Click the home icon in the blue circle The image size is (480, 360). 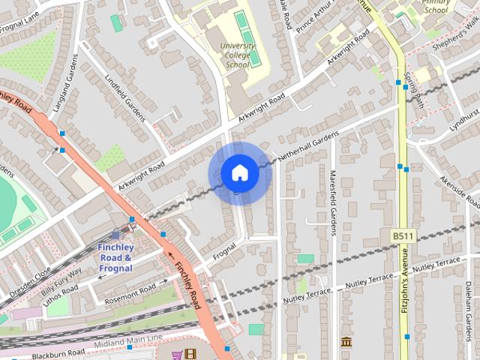click(x=239, y=173)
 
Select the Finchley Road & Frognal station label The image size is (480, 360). click(x=115, y=257)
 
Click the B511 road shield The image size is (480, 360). click(x=403, y=236)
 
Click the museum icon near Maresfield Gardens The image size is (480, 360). click(x=346, y=342)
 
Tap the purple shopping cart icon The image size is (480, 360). click(x=177, y=354)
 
